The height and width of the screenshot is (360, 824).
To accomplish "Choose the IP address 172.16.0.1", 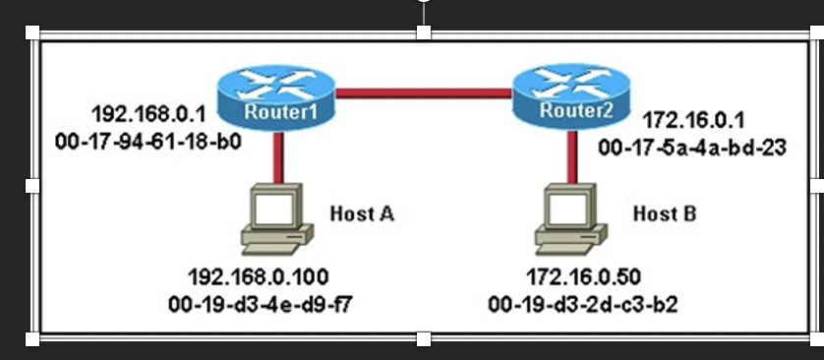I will click(x=693, y=120).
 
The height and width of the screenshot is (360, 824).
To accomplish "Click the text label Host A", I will click(x=362, y=212).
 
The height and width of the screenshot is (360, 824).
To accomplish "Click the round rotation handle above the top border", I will click(x=424, y=3).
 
